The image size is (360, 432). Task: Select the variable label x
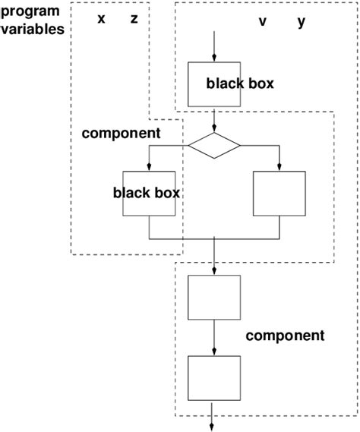pos(102,19)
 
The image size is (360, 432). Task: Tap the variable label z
pos(134,19)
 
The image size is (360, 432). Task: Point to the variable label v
pos(263,22)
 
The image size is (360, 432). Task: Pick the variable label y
pos(302,22)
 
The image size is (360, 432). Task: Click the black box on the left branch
pos(147,193)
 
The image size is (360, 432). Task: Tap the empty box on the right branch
pos(279,193)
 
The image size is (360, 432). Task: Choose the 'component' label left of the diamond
pos(120,133)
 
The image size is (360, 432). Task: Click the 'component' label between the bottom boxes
pos(285,335)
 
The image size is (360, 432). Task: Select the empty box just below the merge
pos(214,296)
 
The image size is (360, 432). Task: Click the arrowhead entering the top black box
pos(214,58)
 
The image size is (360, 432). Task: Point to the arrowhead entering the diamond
pos(214,129)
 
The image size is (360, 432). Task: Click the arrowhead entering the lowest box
pos(214,352)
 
